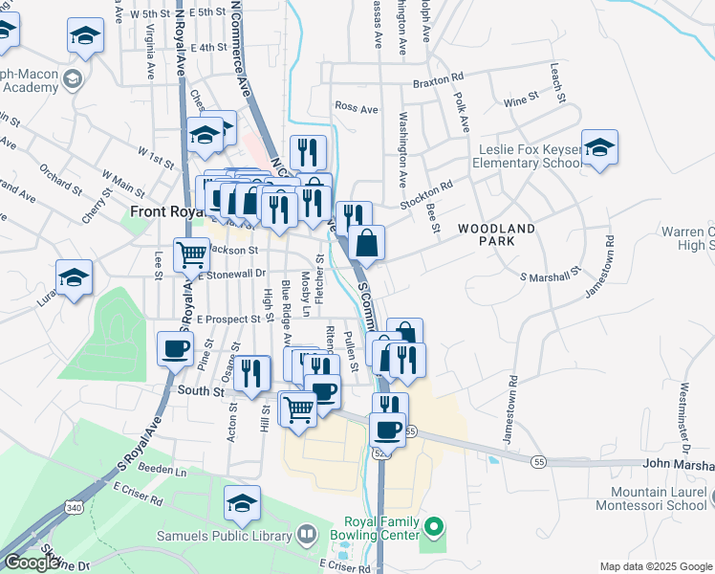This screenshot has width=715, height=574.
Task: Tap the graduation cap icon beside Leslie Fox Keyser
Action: click(x=599, y=147)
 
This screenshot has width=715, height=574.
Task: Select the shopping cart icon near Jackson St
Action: click(x=191, y=254)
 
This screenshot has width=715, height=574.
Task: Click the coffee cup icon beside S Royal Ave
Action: click(x=176, y=347)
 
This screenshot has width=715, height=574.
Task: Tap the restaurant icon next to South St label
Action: click(x=250, y=372)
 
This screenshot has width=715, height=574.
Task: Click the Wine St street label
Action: click(x=521, y=99)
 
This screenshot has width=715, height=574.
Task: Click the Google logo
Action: click(x=32, y=562)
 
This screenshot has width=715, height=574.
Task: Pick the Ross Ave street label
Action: click(x=356, y=108)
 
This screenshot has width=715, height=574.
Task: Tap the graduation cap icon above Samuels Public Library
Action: click(x=242, y=502)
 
